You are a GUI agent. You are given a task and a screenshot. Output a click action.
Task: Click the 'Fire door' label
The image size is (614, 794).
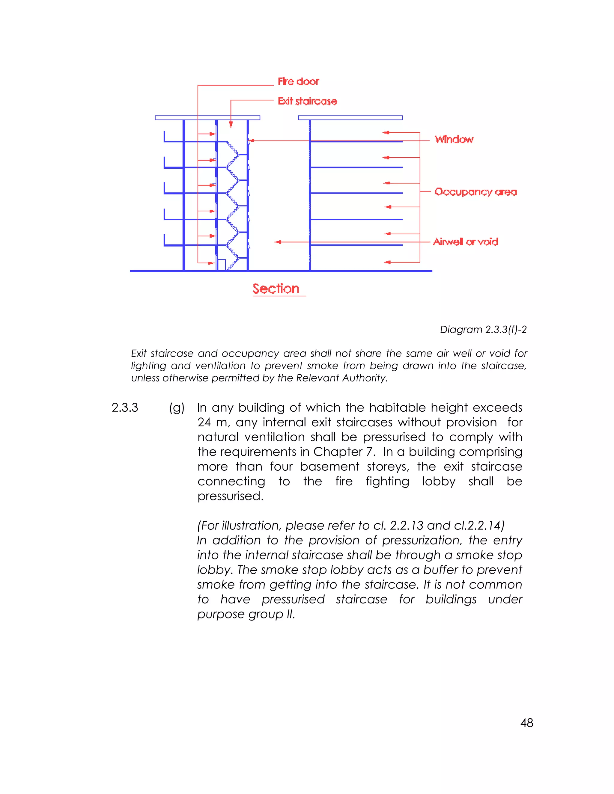pos(298,81)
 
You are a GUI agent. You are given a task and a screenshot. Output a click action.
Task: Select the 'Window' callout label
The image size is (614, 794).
pos(454,139)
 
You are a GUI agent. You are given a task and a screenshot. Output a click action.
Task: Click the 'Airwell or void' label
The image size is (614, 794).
pos(465,242)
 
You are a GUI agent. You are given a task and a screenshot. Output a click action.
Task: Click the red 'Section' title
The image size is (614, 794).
pos(276,289)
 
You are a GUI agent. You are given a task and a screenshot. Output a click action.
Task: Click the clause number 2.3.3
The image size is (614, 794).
pos(125,407)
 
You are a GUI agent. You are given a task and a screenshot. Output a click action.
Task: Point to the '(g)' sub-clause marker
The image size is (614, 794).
pos(177,408)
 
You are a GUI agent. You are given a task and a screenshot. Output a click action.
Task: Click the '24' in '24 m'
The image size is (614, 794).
pos(204,422)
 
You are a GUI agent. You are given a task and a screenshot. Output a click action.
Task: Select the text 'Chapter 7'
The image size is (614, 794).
pos(344,452)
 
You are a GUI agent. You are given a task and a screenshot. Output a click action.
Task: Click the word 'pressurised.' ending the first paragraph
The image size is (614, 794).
pos(230,496)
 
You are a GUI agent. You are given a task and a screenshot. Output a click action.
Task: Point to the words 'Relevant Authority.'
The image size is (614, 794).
pos(341,378)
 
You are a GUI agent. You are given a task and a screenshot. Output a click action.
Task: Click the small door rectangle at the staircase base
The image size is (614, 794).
pos(221,265)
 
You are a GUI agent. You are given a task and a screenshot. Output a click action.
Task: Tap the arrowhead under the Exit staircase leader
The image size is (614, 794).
pos(231,125)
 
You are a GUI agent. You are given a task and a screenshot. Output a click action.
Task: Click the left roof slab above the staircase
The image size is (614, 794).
pos(207,118)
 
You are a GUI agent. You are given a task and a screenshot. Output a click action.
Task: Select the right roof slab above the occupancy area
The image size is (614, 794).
pos(350,118)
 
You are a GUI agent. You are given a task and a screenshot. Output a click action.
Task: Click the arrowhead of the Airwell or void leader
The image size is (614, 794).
pos(278,242)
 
